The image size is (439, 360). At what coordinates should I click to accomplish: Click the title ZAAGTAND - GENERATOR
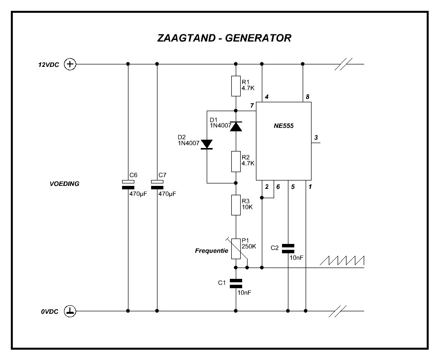224,38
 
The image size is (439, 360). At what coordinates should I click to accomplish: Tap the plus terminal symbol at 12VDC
71,64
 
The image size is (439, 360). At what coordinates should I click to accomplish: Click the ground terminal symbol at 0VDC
71,311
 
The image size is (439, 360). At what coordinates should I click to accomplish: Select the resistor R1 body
236,86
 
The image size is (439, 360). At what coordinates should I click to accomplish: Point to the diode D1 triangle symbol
236,126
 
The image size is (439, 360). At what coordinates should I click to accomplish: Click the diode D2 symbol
207,144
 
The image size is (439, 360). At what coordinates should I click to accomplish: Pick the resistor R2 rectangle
236,161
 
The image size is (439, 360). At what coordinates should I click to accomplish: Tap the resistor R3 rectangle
236,205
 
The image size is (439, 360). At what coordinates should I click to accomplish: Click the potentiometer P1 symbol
236,248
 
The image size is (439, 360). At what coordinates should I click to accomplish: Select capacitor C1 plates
236,283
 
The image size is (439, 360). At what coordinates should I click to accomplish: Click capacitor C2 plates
288,248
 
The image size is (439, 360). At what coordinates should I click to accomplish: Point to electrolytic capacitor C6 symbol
128,184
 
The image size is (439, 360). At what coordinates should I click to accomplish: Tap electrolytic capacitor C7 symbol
157,184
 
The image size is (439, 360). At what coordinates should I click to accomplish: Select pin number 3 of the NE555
315,138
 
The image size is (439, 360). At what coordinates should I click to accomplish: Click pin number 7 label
251,106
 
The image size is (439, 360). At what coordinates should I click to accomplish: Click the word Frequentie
212,251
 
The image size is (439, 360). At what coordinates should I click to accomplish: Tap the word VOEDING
64,183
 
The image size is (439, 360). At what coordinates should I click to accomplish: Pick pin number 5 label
292,187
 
